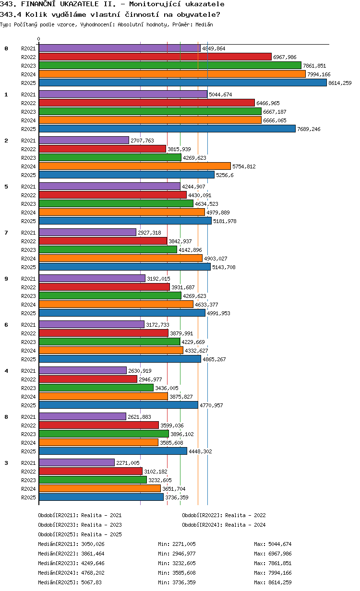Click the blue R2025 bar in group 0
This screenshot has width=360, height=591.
[x=182, y=83]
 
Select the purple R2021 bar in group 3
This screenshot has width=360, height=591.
[x=77, y=462]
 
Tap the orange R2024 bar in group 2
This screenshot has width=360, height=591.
[x=134, y=166]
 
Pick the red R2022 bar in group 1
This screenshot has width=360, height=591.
[x=146, y=103]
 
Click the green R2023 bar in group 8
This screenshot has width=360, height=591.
[x=104, y=434]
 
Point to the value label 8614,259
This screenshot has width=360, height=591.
[x=340, y=83]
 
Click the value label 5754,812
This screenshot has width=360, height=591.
[x=244, y=166]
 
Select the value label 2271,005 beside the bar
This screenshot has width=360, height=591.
[x=128, y=463]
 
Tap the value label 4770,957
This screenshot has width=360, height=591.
[x=211, y=405]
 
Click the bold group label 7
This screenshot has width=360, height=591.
[x=6, y=233]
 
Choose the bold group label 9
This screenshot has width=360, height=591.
[x=6, y=279]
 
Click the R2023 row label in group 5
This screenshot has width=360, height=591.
[x=28, y=204]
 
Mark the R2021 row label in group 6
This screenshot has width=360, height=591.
[x=28, y=325]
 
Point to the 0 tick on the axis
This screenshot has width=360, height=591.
[x=39, y=39]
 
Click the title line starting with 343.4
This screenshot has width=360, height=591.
[x=110, y=14]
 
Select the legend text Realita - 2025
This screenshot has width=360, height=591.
[x=101, y=534]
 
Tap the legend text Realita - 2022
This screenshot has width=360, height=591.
[x=245, y=515]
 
